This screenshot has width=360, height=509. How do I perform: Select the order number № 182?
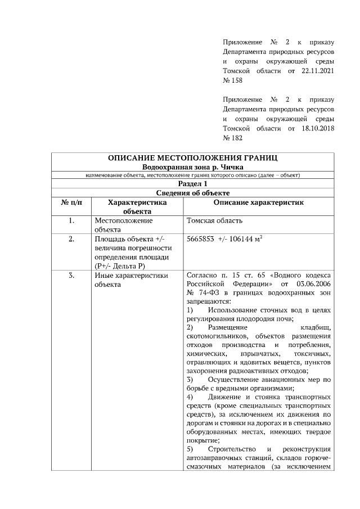pos(232,138)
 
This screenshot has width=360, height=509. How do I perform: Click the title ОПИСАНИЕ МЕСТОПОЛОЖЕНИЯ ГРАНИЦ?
pos(193,158)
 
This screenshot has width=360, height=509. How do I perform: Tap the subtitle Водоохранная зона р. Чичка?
pos(193,168)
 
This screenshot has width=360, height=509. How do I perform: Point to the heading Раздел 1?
pos(193,183)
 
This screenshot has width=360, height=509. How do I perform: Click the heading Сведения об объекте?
pos(193,193)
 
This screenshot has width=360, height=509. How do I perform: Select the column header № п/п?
pos(71,202)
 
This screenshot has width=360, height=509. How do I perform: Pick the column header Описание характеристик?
pos(258,202)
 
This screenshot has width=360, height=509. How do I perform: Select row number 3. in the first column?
pos(71,276)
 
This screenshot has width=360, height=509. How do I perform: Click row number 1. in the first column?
pos(71,220)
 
